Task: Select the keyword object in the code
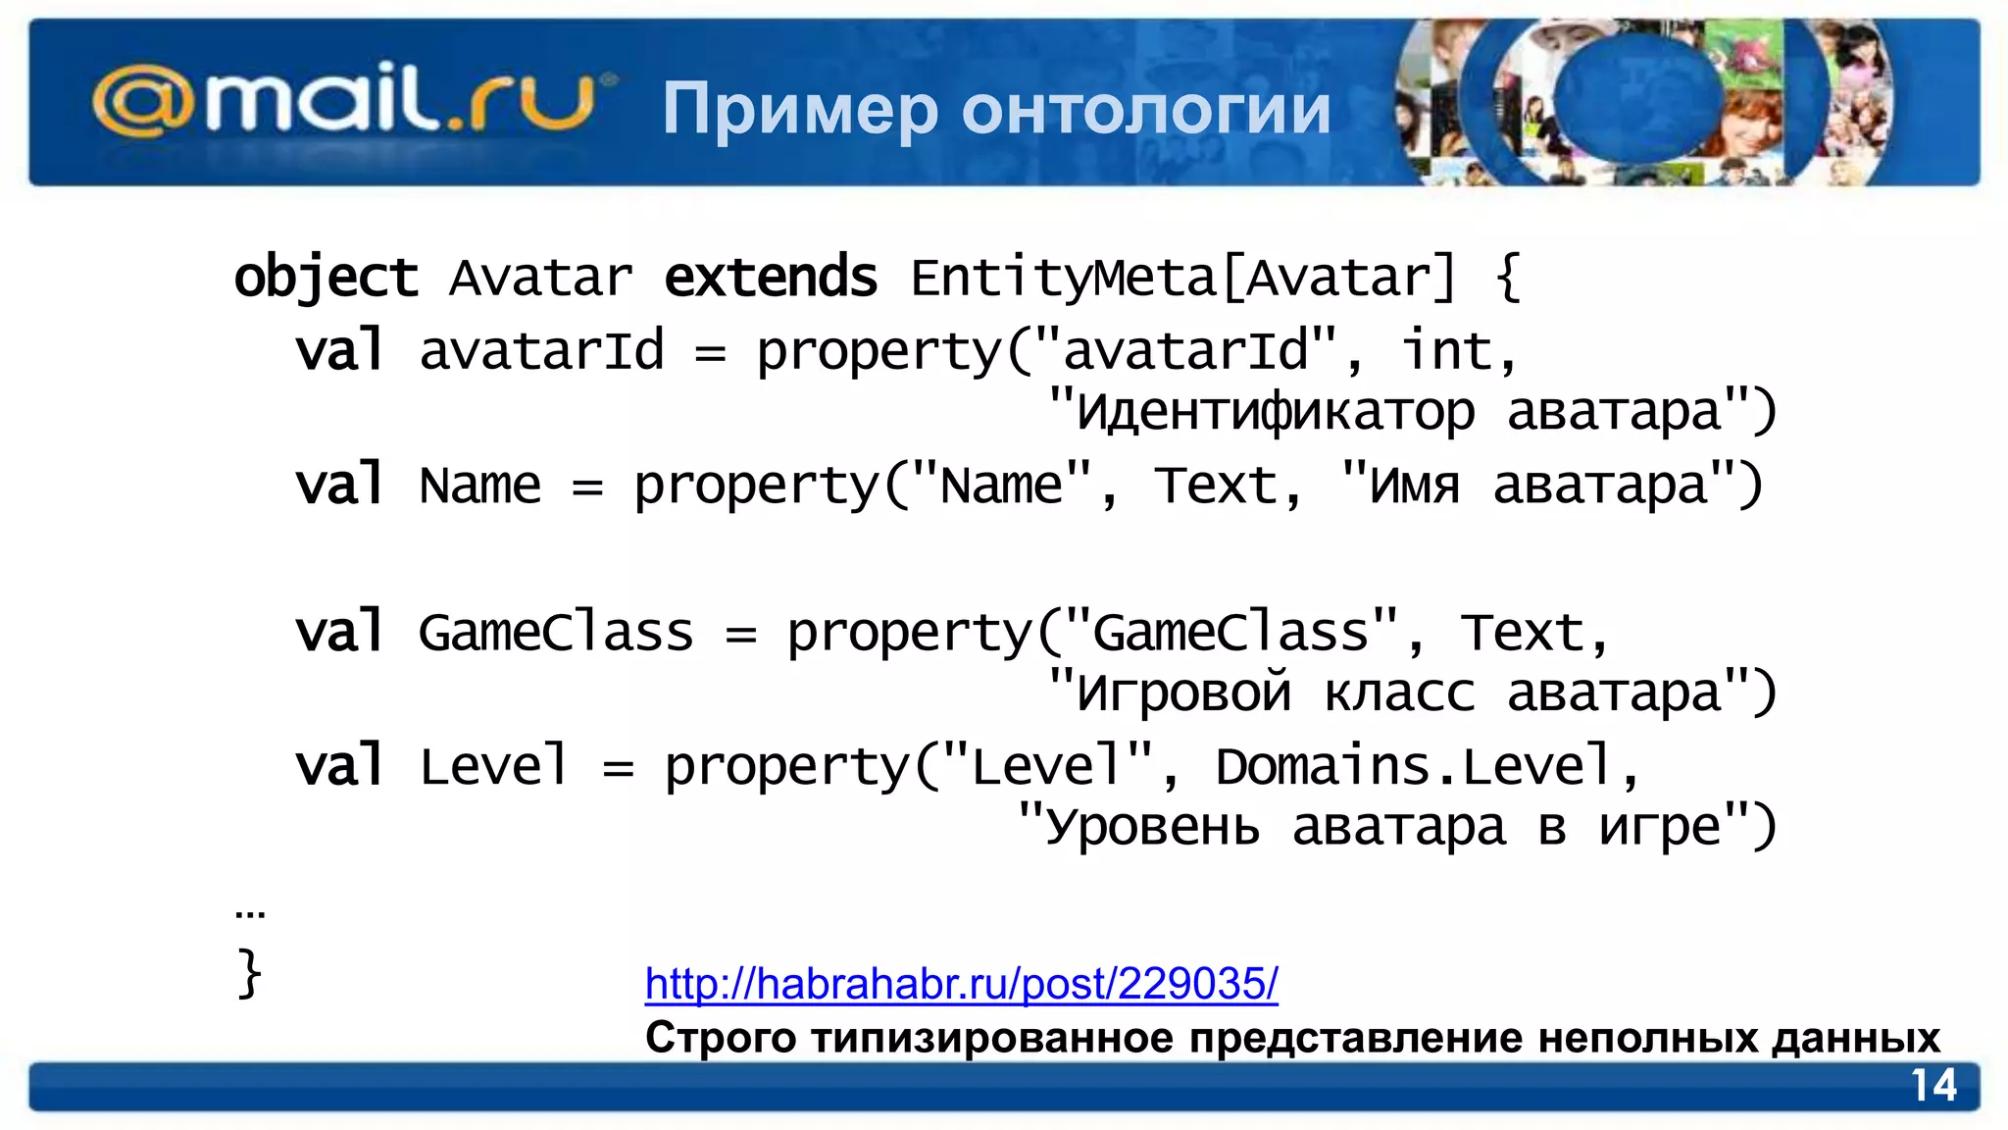click(x=326, y=278)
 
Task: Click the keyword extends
click(x=771, y=278)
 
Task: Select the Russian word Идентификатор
click(x=1275, y=412)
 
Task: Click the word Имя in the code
click(x=1414, y=486)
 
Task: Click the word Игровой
click(x=1183, y=693)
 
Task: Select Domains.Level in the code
click(x=1413, y=766)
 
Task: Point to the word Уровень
click(x=1152, y=828)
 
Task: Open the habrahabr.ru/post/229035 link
click(x=961, y=983)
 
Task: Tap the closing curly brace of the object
click(x=249, y=973)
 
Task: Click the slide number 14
click(x=1933, y=1086)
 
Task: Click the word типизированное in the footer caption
click(x=991, y=1038)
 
